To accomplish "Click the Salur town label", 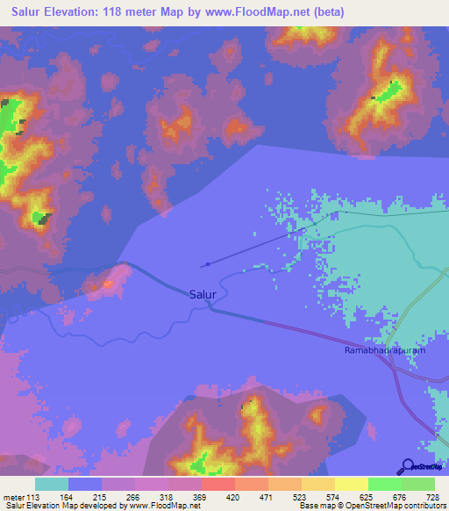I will point(203,295).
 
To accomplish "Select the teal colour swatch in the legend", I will point(52,484).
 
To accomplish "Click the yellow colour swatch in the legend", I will point(351,484).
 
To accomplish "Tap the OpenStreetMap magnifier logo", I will point(408,466).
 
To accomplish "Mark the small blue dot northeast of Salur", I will point(207,263).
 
